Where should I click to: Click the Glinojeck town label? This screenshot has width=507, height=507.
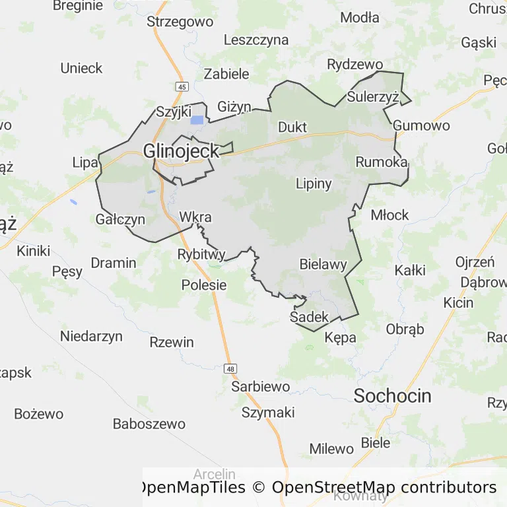pos(181,151)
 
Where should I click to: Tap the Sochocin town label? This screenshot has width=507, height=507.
pos(392,396)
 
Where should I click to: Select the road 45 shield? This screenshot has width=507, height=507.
pos(182,86)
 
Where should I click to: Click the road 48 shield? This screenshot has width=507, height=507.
pos(230,368)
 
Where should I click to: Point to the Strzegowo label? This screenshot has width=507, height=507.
pos(180,22)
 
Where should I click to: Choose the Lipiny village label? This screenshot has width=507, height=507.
pos(314,184)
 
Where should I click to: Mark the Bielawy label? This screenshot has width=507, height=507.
pos(323,265)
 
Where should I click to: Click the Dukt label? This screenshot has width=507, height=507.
pos(293,127)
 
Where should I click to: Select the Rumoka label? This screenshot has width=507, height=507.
pos(381,162)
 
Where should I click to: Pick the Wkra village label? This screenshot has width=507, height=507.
pos(195,217)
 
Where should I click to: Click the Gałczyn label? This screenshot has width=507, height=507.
pos(120,219)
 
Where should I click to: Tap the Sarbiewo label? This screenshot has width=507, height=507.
pos(261,387)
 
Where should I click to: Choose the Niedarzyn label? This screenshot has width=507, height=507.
pos(91,336)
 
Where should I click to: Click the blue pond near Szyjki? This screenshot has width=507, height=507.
pos(197,120)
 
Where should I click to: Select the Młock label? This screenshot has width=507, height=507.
pos(389,215)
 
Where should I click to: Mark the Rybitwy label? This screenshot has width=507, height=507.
pos(201,254)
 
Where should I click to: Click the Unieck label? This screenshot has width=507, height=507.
pos(81,68)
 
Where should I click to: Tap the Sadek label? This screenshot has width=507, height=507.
pos(309,318)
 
